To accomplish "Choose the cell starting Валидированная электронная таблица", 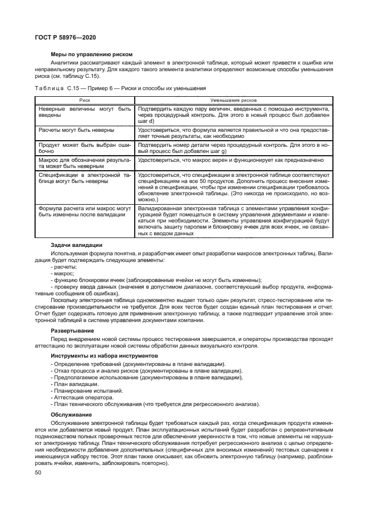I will click(234, 220).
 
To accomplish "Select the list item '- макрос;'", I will click(63, 274).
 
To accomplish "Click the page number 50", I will click(38, 472).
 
